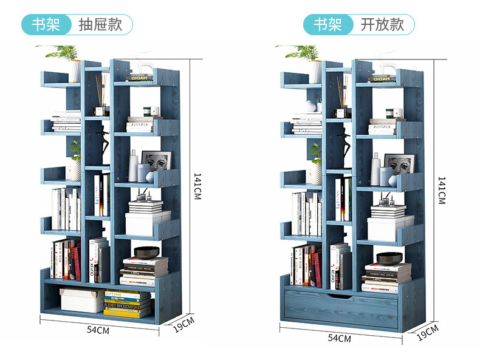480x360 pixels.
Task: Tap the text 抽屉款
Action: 100,25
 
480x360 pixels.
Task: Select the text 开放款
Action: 382,25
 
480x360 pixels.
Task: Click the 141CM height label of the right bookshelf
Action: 442,190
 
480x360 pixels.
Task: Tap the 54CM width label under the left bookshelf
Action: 98,330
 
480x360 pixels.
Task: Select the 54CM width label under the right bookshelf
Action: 340,338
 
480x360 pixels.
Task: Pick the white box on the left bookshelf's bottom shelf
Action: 81,300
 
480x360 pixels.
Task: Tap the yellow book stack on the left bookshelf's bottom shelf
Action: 128,303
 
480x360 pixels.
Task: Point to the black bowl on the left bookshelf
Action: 146,252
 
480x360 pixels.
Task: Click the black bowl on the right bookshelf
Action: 389,257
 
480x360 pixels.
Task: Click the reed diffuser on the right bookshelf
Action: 343,97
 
